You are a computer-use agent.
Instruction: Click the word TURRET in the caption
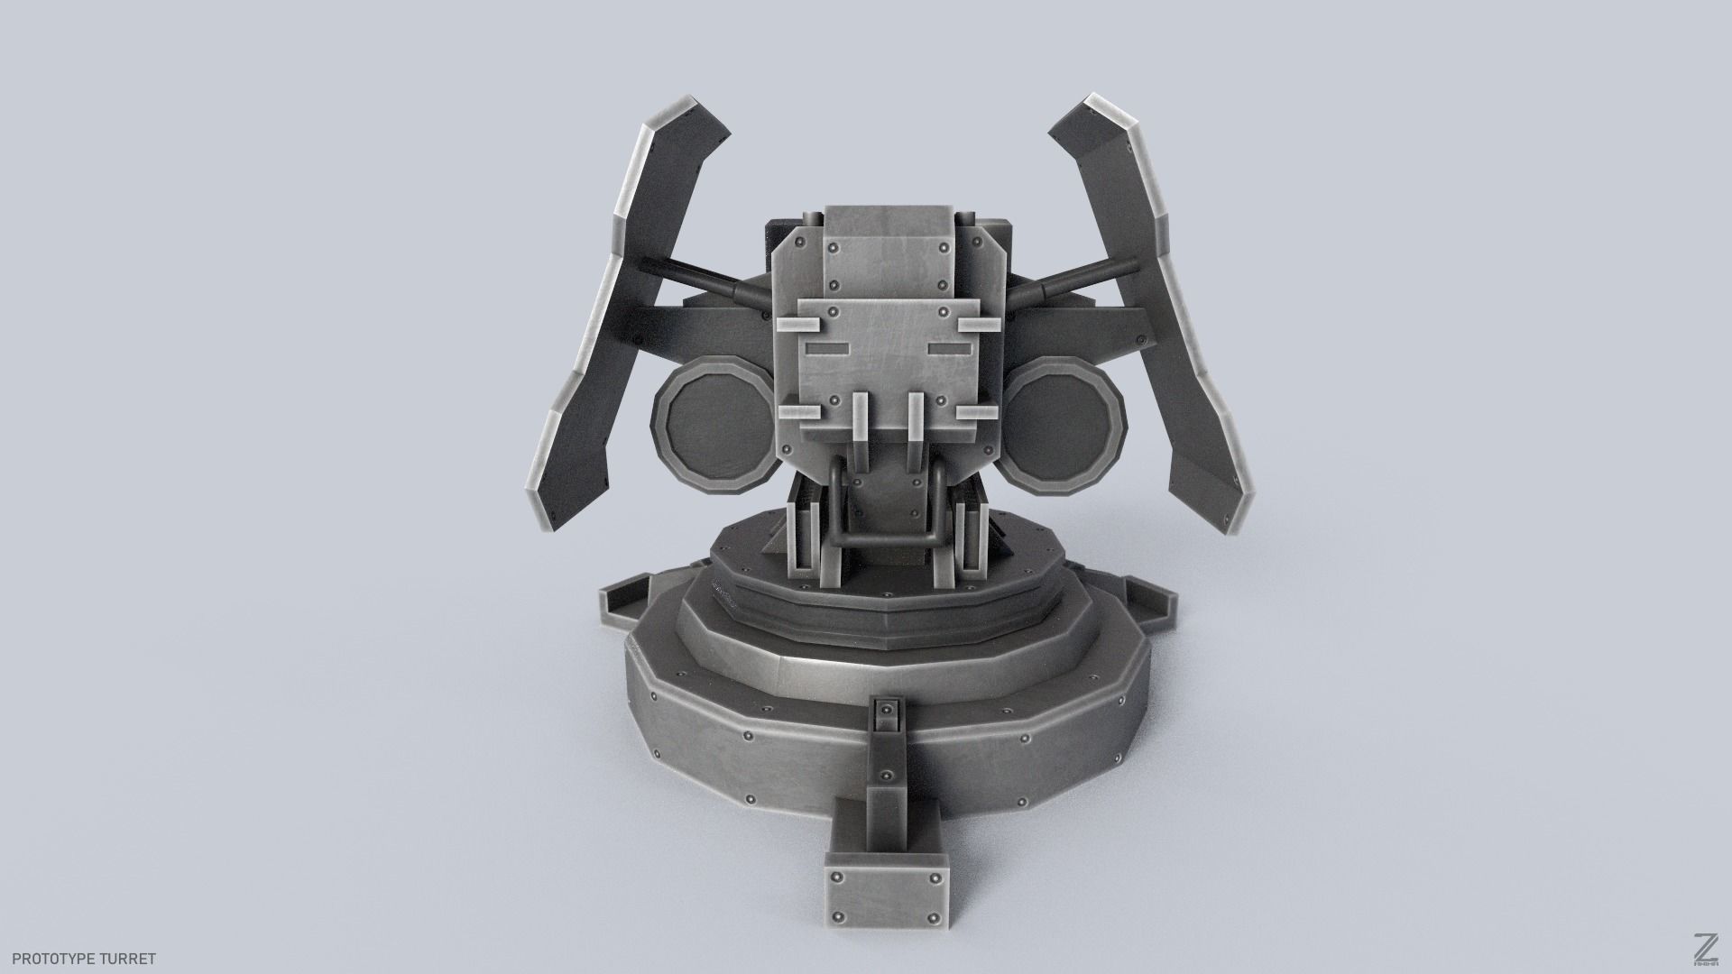tap(132, 959)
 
